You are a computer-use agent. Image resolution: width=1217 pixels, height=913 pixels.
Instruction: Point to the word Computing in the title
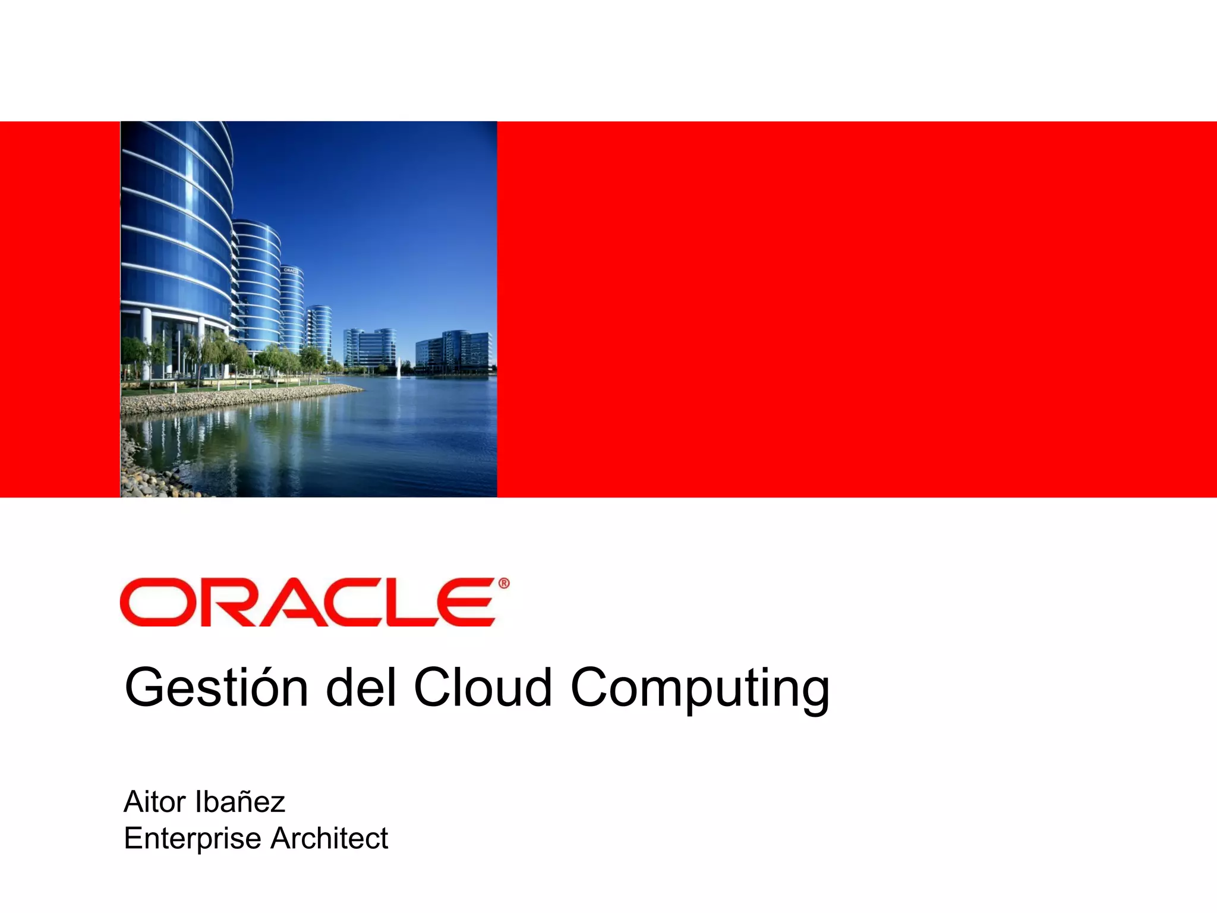(x=699, y=690)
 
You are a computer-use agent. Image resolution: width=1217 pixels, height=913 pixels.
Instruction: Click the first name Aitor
(x=155, y=802)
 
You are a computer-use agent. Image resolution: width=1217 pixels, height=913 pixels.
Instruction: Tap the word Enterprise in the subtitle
(x=193, y=839)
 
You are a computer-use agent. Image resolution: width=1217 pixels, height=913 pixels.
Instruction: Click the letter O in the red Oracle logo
(x=155, y=602)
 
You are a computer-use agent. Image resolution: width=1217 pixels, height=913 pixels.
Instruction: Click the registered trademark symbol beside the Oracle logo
(x=504, y=584)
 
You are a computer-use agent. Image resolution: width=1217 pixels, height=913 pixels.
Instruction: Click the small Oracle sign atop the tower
(x=291, y=270)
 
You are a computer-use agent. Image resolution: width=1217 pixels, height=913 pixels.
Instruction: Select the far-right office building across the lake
(x=454, y=352)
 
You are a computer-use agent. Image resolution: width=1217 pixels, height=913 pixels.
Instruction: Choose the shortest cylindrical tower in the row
(x=319, y=330)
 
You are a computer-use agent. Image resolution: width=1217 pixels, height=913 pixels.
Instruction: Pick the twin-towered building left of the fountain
(x=369, y=348)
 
